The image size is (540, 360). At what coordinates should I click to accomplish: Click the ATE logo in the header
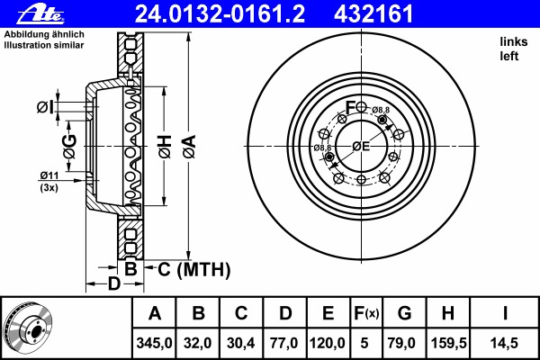(40, 13)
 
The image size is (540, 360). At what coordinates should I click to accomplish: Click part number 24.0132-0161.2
(220, 13)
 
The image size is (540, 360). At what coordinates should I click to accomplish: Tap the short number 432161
(373, 13)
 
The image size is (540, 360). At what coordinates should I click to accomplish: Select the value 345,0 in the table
(154, 343)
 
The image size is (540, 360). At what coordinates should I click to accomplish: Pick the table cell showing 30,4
(241, 343)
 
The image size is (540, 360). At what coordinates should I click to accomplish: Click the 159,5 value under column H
(449, 343)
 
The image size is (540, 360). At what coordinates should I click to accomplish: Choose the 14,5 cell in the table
(504, 343)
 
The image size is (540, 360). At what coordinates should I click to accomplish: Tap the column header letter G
(404, 313)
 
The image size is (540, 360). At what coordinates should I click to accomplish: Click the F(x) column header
(366, 313)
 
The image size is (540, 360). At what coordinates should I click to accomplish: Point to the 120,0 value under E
(328, 343)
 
